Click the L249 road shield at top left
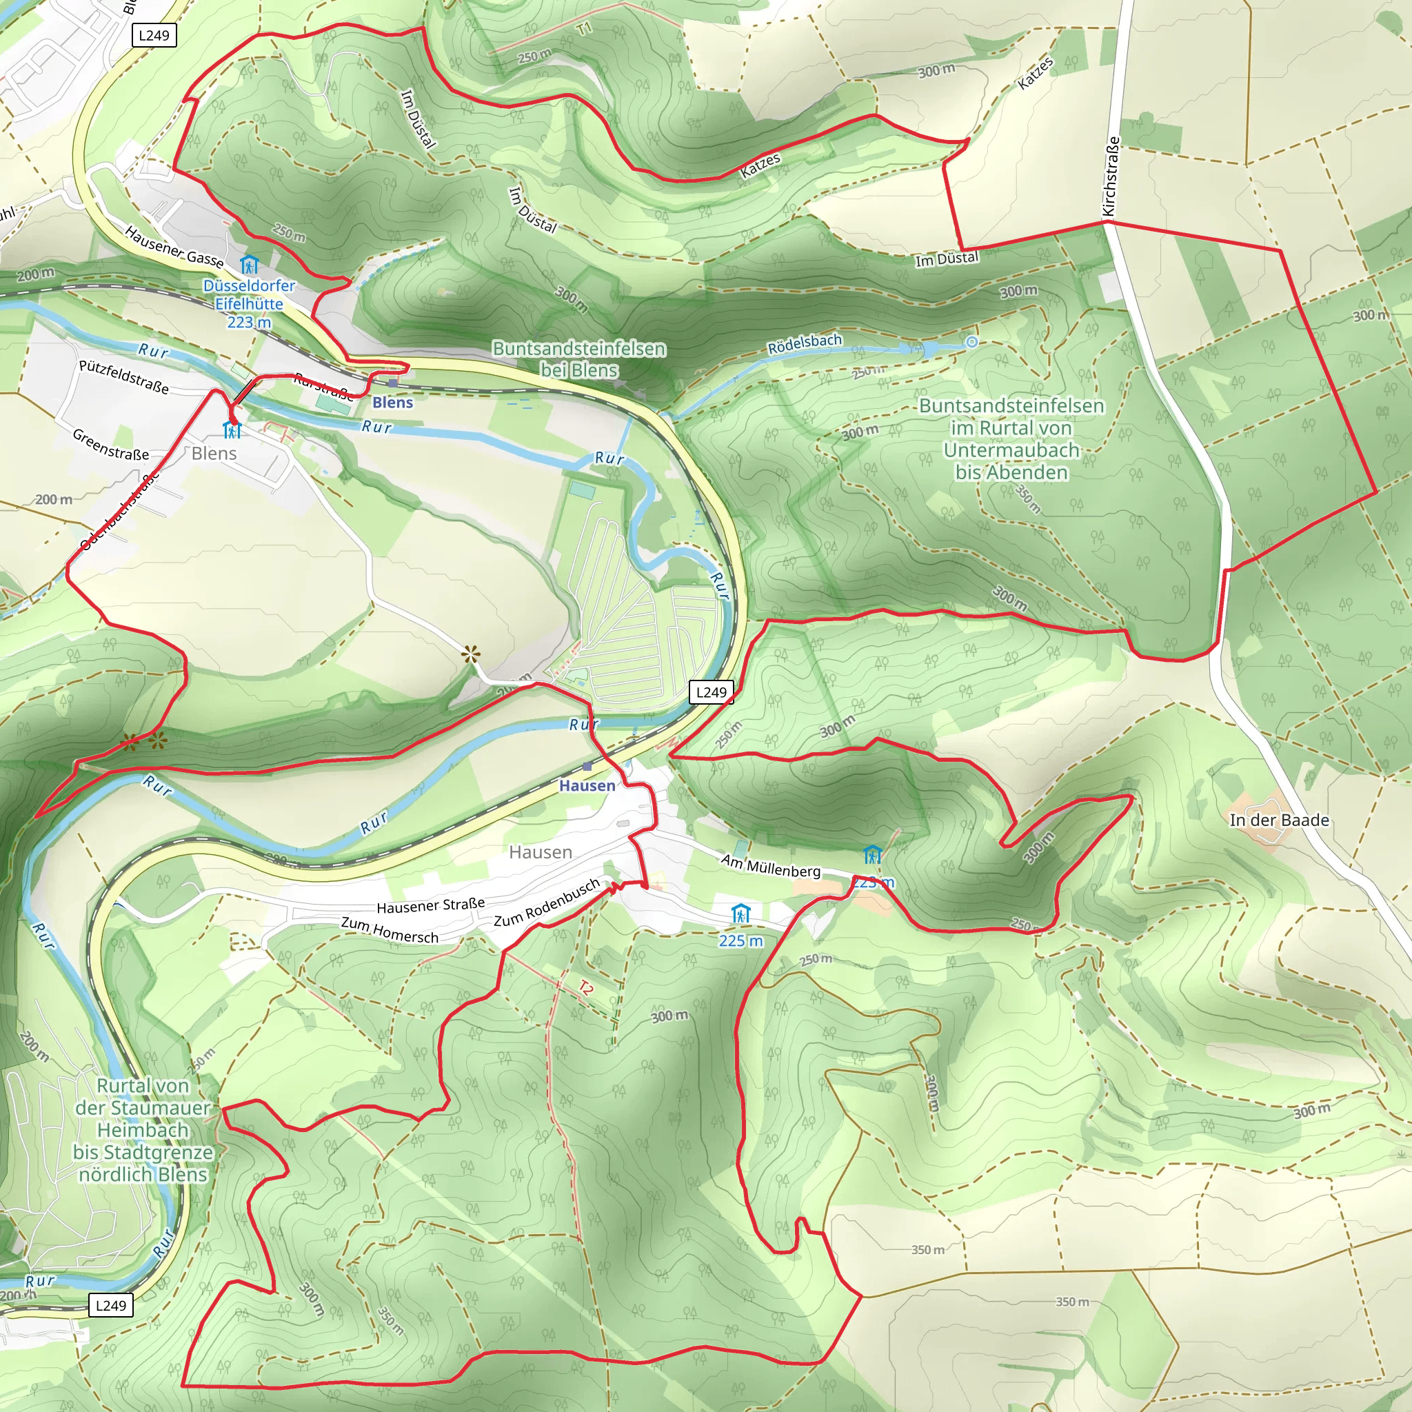click(154, 35)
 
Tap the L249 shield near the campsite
click(711, 692)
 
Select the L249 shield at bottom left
click(111, 1305)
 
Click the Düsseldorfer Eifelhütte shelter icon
click(249, 264)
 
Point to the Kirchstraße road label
click(1109, 177)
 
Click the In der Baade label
click(1279, 820)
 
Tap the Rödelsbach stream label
click(805, 343)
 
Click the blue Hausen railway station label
click(587, 786)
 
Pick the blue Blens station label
click(392, 403)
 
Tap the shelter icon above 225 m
click(740, 914)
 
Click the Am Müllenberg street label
click(770, 866)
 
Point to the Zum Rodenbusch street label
click(547, 902)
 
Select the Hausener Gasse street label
click(174, 246)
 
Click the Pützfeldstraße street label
click(123, 377)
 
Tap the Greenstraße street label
click(110, 445)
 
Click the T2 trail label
click(585, 988)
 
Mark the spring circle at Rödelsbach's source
click(971, 342)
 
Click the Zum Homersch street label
click(390, 930)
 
